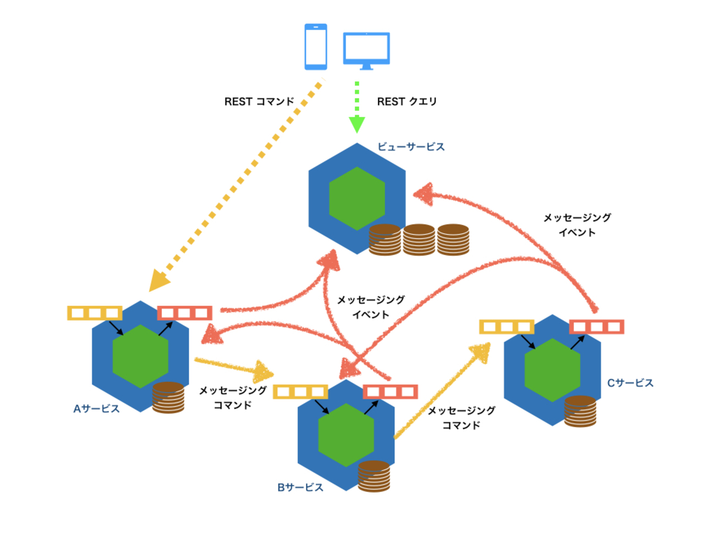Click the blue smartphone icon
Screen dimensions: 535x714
tap(316, 47)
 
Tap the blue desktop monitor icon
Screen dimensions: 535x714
tap(366, 50)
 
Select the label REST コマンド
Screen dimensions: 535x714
tap(259, 102)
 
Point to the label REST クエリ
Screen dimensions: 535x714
tap(407, 102)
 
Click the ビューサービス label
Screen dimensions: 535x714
tap(411, 147)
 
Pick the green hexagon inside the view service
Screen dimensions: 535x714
tap(357, 198)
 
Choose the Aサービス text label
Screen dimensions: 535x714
tap(97, 409)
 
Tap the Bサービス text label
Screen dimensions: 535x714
tap(300, 487)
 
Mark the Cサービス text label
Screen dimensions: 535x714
tap(631, 383)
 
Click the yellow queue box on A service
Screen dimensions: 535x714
tap(95, 313)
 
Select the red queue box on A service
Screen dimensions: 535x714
tap(185, 313)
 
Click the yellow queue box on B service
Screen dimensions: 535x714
tap(300, 392)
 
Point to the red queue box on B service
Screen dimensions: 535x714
tap(391, 392)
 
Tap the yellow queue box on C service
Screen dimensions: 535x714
tap(506, 327)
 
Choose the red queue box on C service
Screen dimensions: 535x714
tap(596, 327)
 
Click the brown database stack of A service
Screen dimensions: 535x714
tap(168, 398)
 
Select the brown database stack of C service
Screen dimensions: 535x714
tap(580, 412)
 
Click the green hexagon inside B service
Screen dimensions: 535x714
tap(346, 435)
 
